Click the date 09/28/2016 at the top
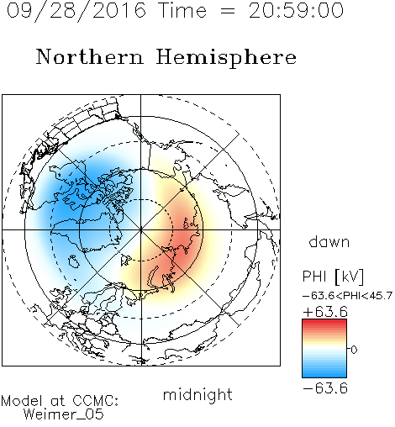76,11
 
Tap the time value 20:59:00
296,11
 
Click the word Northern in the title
90,57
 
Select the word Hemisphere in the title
226,58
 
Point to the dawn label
329,241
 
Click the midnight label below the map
197,394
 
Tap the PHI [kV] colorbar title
333,277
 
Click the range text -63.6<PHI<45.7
347,296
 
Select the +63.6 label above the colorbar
325,312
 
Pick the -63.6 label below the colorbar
325,388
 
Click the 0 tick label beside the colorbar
354,350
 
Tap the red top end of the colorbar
324,321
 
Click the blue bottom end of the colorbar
324,376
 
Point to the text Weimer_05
64,414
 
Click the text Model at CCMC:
60,401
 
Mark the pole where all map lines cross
140,229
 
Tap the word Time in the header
182,11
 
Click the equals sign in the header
228,11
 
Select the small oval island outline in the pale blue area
74,261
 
